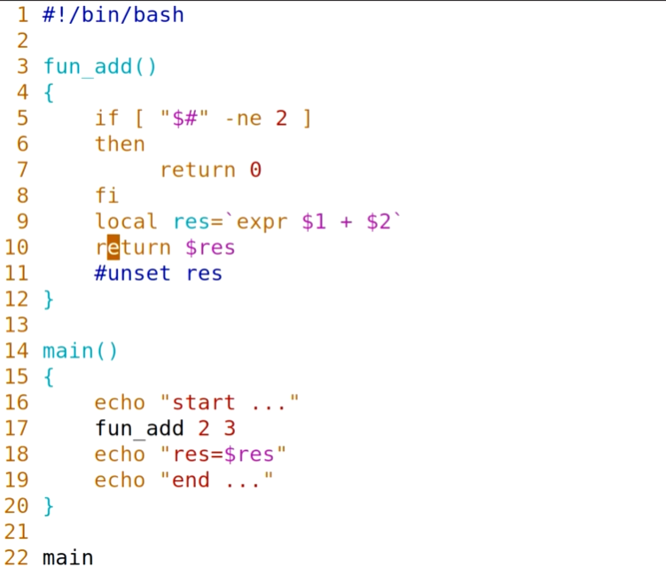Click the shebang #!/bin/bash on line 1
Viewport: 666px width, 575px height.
pos(113,15)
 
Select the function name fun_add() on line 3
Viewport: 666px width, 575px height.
pos(99,66)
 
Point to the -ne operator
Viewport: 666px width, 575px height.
pos(242,118)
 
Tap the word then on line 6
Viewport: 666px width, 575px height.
pos(120,144)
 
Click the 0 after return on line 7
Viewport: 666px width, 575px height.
pos(255,169)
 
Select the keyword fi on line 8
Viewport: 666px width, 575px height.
pos(106,195)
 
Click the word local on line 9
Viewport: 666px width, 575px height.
pos(126,221)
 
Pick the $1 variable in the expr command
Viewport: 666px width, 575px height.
pos(314,221)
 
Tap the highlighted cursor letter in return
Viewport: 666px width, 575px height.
pos(113,247)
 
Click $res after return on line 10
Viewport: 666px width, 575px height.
pos(210,247)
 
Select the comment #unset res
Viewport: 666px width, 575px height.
pos(158,273)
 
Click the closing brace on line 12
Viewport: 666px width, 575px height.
pos(49,299)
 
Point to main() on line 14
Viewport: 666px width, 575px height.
pos(80,351)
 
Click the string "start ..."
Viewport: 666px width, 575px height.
pos(230,403)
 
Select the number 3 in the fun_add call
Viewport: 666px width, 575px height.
pos(230,429)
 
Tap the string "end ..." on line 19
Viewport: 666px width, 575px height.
pos(216,480)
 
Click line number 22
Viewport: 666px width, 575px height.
pos(17,558)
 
